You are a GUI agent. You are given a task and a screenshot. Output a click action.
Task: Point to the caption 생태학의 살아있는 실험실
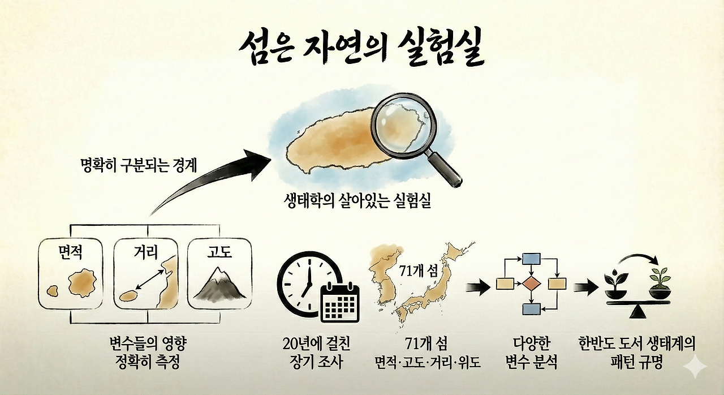358,201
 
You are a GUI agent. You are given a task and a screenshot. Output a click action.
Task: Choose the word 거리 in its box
146,251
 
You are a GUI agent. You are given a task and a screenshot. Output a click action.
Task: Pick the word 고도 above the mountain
219,251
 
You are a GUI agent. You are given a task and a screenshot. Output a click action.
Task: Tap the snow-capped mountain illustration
219,286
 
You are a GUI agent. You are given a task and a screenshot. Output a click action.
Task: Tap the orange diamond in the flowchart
531,283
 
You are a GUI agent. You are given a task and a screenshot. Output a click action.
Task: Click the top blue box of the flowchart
532,259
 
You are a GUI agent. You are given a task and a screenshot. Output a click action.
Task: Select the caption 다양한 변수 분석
531,353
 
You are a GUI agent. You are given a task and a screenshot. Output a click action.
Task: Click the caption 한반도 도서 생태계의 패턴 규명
636,353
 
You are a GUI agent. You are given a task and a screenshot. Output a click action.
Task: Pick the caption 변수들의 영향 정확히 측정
146,353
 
